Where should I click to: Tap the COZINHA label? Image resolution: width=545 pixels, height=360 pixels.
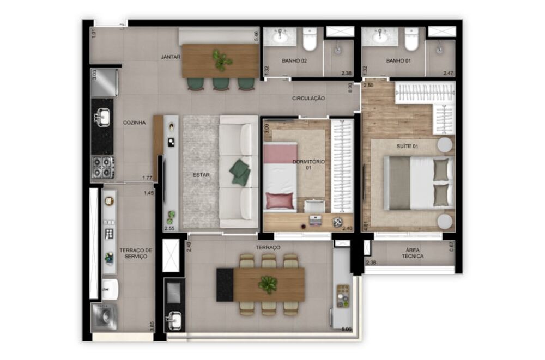tap(134, 123)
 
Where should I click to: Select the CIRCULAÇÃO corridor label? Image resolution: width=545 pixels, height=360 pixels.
tap(308, 99)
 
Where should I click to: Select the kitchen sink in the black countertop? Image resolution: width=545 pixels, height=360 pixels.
tap(102, 116)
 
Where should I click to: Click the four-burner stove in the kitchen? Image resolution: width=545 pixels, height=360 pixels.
tap(102, 167)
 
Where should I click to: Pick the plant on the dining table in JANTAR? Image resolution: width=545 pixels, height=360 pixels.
tap(221, 59)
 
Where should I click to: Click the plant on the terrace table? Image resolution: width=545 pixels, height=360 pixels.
tap(268, 283)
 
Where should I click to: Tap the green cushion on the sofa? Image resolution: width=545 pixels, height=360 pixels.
tap(239, 172)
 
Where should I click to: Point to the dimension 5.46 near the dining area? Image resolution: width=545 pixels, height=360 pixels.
tap(256, 36)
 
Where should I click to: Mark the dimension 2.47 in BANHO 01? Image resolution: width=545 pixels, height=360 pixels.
tap(448, 73)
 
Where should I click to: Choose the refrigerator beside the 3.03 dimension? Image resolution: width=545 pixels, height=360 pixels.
tap(105, 82)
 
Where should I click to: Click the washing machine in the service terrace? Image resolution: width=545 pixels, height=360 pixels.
tap(103, 316)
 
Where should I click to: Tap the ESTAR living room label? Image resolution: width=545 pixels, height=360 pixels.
tap(201, 175)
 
